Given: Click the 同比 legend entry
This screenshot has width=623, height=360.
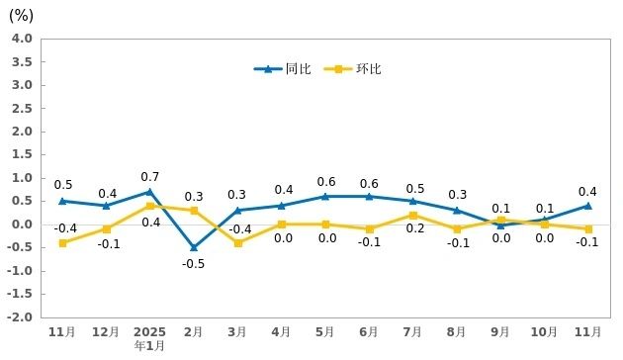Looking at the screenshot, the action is point(282,69).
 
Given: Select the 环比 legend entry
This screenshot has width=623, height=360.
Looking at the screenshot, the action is point(353,69).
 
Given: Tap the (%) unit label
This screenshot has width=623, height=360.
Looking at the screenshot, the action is point(21,16).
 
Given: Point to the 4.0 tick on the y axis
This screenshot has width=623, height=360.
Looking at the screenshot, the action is point(22,39).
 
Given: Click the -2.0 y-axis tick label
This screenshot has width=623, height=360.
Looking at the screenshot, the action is point(20,317).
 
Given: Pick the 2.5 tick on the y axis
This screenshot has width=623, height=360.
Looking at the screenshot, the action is point(22,108).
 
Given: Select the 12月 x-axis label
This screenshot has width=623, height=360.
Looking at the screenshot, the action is point(106,331).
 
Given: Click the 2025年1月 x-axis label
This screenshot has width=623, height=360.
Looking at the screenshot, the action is point(149,338).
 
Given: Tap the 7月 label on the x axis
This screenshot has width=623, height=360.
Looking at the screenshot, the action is point(412,331).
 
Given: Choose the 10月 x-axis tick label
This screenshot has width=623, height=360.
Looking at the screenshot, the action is point(544,331).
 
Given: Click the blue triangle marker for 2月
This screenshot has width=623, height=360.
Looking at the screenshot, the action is point(194,247).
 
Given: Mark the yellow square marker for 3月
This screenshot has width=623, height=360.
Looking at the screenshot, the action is point(238,242).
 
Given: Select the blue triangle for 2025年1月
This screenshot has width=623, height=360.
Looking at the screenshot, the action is point(149,192).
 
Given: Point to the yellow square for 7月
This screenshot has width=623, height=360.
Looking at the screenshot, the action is point(413,216).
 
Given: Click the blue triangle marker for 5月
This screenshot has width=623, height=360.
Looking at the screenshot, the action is point(325,196).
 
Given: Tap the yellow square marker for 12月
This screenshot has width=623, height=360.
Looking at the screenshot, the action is point(106,228).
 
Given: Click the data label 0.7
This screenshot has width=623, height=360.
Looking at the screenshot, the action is point(149,177).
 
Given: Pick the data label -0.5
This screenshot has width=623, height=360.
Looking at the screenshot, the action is point(194,264).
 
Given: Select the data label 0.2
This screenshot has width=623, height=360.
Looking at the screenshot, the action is point(415,228).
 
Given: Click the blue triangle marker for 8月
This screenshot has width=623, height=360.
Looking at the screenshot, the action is point(457,210).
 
